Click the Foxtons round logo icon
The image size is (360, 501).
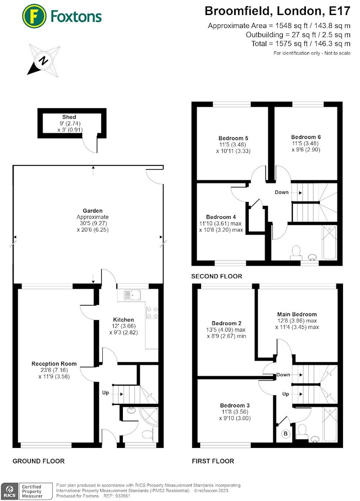(34, 17)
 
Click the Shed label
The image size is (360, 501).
(69, 117)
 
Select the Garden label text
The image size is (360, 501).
(92, 210)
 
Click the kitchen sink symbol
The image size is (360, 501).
(132, 295)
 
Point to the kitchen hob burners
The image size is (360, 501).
(152, 313)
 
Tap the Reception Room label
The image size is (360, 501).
(54, 364)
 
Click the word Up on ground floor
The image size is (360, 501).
(105, 393)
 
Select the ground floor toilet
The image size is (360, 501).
(148, 435)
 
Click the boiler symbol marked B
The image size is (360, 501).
(285, 433)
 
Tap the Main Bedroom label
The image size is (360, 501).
(297, 314)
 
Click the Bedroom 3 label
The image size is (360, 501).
(235, 405)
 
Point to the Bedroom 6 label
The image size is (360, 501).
(306, 137)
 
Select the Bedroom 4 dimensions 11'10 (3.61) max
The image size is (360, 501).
(221, 223)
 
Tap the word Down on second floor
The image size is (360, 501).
(282, 192)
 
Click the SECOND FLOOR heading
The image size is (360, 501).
(217, 277)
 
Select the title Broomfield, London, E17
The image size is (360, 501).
(277, 11)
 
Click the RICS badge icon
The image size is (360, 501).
(10, 491)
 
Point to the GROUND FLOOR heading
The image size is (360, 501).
(39, 461)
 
